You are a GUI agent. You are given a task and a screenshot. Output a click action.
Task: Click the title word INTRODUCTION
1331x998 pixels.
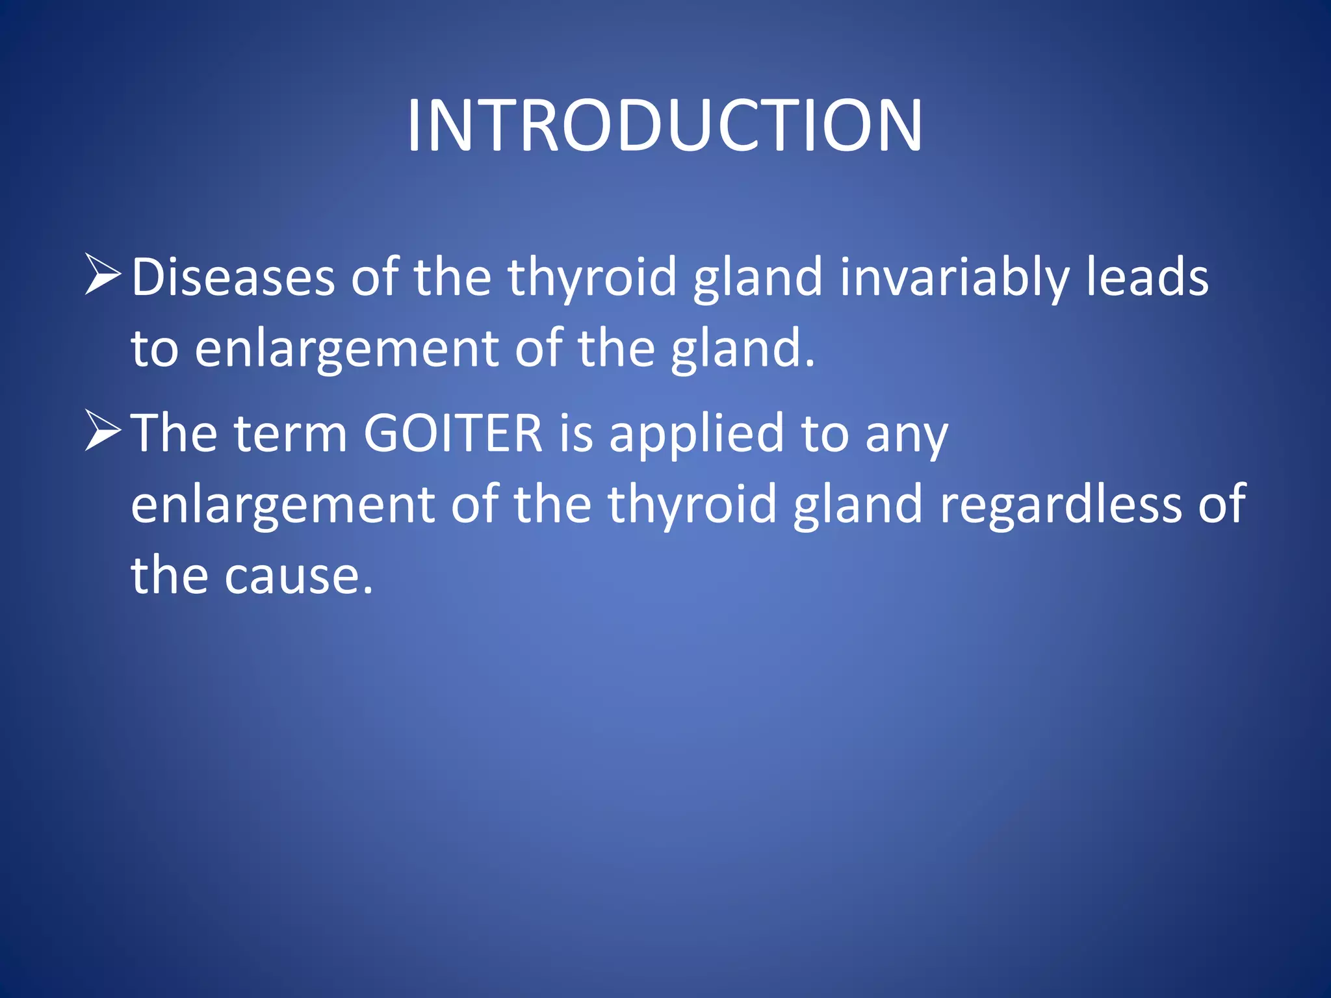coord(664,125)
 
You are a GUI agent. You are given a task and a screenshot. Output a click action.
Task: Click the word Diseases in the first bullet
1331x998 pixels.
coord(233,277)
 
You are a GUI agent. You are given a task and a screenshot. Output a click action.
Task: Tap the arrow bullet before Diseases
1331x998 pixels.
coord(103,275)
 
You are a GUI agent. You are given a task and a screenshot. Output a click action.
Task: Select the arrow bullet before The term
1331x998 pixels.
coord(103,431)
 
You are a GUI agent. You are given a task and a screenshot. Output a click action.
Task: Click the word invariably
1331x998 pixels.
coord(954,277)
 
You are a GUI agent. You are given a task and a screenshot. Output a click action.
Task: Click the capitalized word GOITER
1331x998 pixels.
coord(453,433)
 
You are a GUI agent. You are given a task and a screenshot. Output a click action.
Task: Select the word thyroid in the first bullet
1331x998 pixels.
coord(592,277)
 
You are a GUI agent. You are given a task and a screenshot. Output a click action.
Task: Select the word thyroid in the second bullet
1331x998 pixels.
coord(692,505)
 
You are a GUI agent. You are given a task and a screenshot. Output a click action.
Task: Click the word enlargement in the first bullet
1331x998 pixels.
coord(346,349)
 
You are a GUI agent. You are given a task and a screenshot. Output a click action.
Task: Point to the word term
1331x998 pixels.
coord(291,433)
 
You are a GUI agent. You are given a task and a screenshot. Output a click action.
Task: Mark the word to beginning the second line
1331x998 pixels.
coord(155,349)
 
